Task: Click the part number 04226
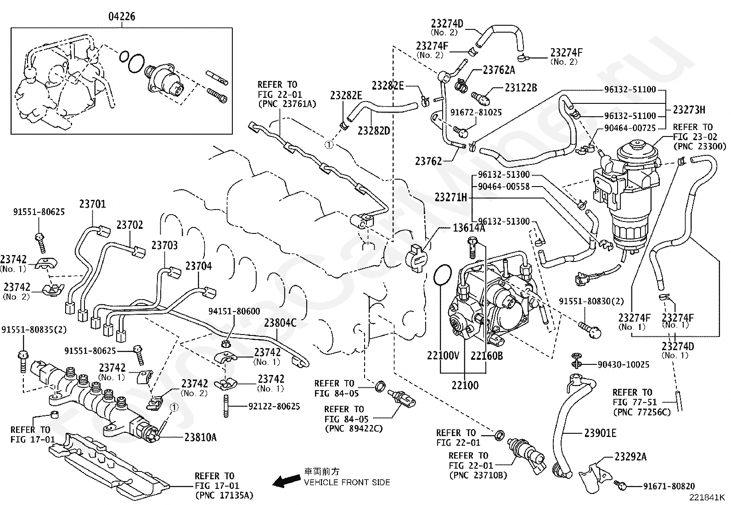(x=122, y=17)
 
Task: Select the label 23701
(x=92, y=204)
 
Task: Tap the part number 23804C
(x=280, y=323)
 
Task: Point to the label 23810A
(x=201, y=437)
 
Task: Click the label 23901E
(x=600, y=433)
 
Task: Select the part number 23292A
(x=631, y=456)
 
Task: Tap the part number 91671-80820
(x=669, y=486)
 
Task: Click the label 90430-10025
(x=623, y=364)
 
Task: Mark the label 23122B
(x=521, y=87)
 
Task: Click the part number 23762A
(x=499, y=70)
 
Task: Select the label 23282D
(x=374, y=131)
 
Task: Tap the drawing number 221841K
(x=706, y=497)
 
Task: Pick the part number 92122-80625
(x=274, y=406)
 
